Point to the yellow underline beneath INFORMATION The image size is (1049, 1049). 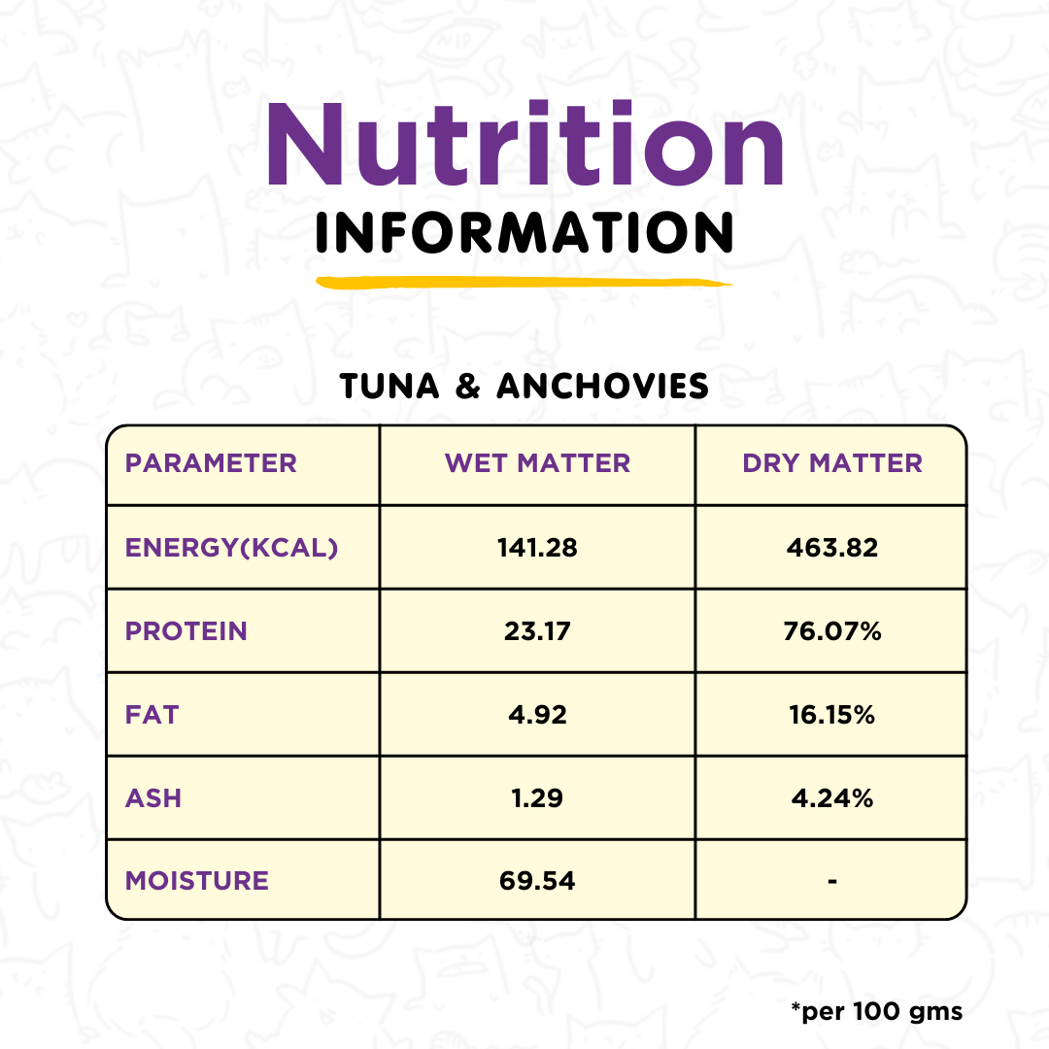(x=524, y=283)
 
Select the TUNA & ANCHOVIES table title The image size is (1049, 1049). (x=524, y=387)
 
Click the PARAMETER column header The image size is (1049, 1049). (x=211, y=463)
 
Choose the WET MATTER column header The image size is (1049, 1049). (x=537, y=463)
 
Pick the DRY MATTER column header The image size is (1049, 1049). (x=832, y=463)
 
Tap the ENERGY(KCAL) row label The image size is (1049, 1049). (x=231, y=548)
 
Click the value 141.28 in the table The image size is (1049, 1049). (x=537, y=548)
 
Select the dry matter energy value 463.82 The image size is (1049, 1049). (x=832, y=548)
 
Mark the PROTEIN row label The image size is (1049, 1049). (x=186, y=631)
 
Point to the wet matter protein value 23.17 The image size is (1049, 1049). (x=537, y=631)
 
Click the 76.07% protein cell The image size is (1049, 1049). (x=832, y=631)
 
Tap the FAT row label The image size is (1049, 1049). (x=152, y=715)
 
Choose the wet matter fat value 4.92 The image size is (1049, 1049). (x=537, y=715)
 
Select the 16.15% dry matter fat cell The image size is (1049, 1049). (x=832, y=715)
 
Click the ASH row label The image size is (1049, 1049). (x=153, y=798)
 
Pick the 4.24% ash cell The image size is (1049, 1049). (x=832, y=798)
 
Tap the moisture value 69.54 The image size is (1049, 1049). (x=537, y=881)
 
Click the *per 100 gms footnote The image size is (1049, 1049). (x=876, y=1011)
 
